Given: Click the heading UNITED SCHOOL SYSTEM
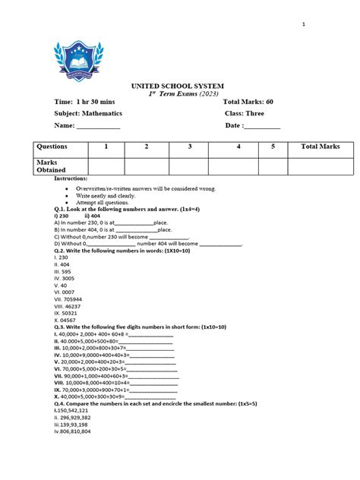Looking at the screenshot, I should click(178, 86).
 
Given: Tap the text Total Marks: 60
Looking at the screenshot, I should click(248, 101).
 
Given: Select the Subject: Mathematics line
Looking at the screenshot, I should click(87, 113).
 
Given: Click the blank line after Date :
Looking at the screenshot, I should click(262, 126).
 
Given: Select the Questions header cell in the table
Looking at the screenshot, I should click(52, 147).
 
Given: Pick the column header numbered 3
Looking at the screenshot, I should click(190, 147).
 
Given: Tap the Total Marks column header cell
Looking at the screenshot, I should click(321, 147).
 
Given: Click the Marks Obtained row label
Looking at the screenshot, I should click(52, 166).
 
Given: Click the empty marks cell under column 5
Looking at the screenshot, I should click(271, 166).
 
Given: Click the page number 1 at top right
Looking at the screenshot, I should click(303, 24).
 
